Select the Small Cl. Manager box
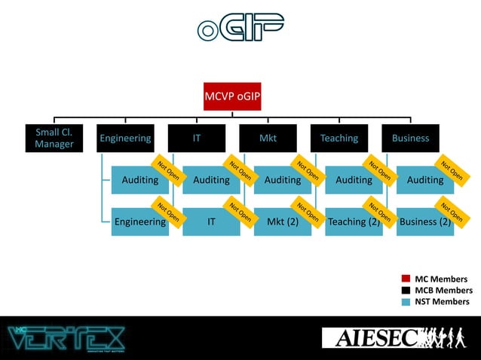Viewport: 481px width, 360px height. pyautogui.click(x=54, y=139)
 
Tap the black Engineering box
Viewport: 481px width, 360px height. pyautogui.click(x=125, y=139)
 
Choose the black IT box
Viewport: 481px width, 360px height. pyautogui.click(x=196, y=139)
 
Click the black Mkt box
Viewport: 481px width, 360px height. pyautogui.click(x=268, y=139)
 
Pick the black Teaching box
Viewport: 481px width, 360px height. pyautogui.click(x=339, y=139)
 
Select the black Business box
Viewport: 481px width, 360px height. pyautogui.click(x=410, y=139)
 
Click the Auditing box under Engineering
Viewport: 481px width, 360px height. pyautogui.click(x=139, y=180)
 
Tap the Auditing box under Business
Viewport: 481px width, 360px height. pyautogui.click(x=424, y=180)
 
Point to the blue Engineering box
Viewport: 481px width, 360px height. pyautogui.click(x=139, y=221)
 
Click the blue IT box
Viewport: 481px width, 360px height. pyautogui.click(x=211, y=221)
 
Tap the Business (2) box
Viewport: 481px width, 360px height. pyautogui.click(x=424, y=221)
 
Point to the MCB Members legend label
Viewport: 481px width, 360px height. pyautogui.click(x=443, y=291)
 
